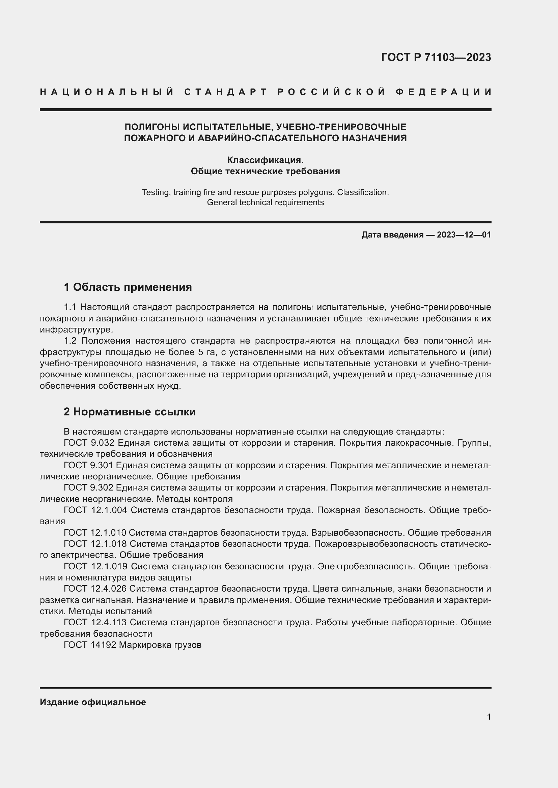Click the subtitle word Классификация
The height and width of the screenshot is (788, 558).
tap(265, 160)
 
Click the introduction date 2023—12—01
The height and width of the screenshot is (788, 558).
tap(464, 235)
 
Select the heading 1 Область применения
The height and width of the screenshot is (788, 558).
tap(128, 287)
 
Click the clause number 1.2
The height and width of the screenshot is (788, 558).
tap(71, 341)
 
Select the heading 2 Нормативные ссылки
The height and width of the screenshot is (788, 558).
tap(130, 411)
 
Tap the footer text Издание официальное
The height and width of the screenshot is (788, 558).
tap(93, 702)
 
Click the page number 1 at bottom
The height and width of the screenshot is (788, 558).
tap(489, 717)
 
